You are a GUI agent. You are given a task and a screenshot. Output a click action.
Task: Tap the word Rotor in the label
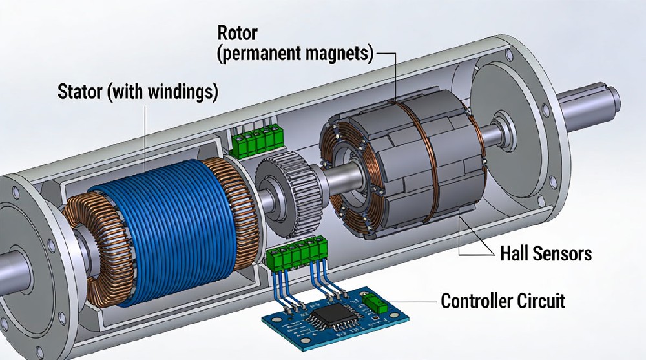pyautogui.click(x=236, y=32)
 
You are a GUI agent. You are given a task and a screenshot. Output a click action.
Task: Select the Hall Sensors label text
pyautogui.click(x=545, y=253)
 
